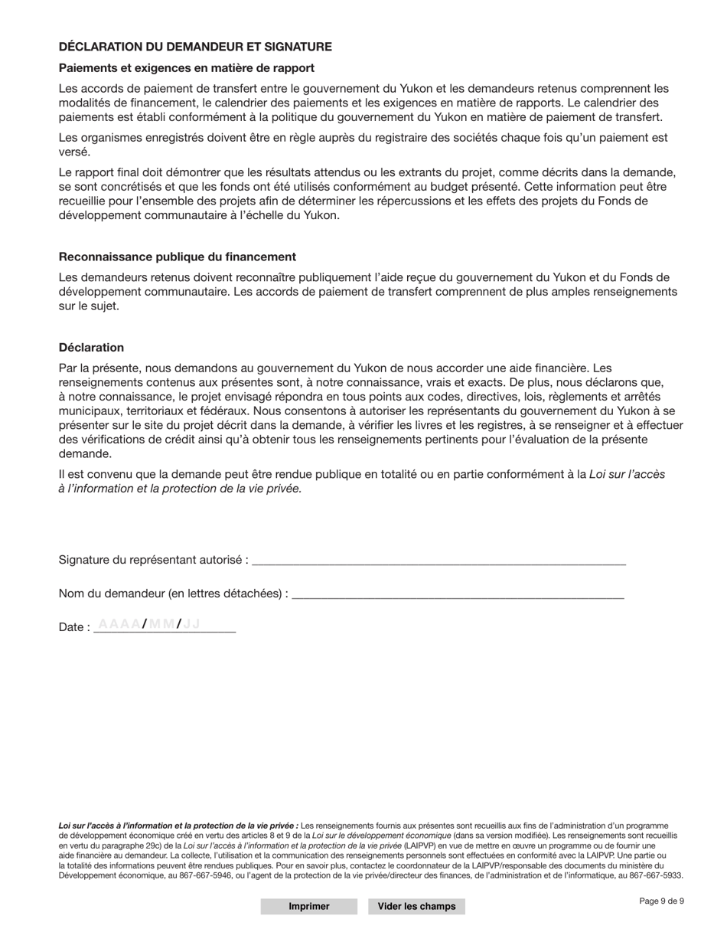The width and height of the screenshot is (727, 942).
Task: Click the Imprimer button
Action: coord(308,906)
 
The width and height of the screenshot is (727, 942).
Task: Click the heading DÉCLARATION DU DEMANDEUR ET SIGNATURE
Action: coord(195,47)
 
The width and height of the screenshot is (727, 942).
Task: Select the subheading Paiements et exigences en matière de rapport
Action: coord(186,68)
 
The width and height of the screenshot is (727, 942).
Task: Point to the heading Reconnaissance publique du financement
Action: coord(177,257)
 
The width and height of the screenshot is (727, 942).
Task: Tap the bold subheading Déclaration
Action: coord(91,347)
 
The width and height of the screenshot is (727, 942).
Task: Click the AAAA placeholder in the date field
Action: coord(119,624)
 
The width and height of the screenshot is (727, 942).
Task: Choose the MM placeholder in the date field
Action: coord(161,624)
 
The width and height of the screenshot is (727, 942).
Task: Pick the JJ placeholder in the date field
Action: coord(191,624)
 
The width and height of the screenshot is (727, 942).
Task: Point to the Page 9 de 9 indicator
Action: coord(661,901)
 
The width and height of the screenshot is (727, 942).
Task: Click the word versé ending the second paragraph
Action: coord(74,152)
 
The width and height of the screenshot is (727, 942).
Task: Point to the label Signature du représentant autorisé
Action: coord(153,560)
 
